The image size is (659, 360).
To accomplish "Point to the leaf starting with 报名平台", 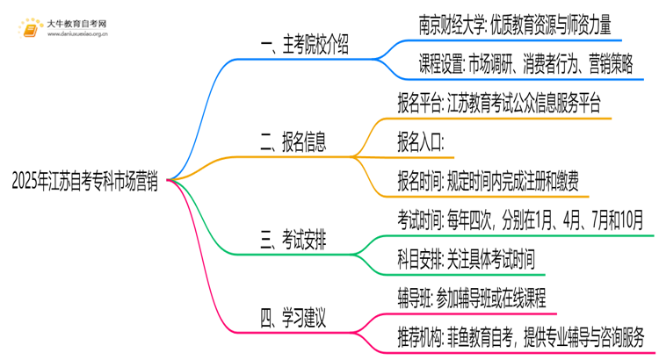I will (x=499, y=104).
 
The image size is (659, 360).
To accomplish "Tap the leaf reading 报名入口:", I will (x=421, y=141).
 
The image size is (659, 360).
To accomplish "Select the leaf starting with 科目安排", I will (x=466, y=258).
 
